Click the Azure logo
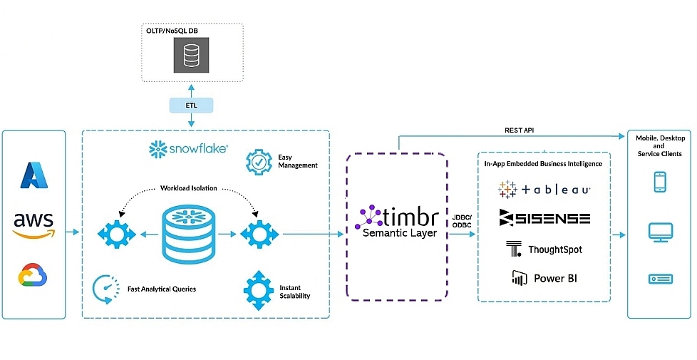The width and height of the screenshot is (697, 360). tap(33, 175)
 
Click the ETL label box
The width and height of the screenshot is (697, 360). tap(191, 106)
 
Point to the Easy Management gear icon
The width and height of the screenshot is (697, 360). tap(259, 162)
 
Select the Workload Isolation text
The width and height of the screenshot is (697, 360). tap(189, 188)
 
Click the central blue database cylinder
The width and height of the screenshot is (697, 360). tap(189, 233)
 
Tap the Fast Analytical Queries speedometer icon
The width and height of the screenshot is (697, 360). tap(105, 288)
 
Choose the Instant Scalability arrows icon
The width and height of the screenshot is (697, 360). tap(258, 289)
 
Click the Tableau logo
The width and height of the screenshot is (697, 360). tap(544, 190)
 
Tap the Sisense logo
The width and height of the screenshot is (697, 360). tap(544, 218)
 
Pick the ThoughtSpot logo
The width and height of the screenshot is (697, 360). tap(544, 250)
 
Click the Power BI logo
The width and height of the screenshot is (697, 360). tap(544, 278)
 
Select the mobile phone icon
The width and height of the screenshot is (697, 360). tap(659, 182)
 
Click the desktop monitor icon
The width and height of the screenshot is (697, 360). tap(659, 232)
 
